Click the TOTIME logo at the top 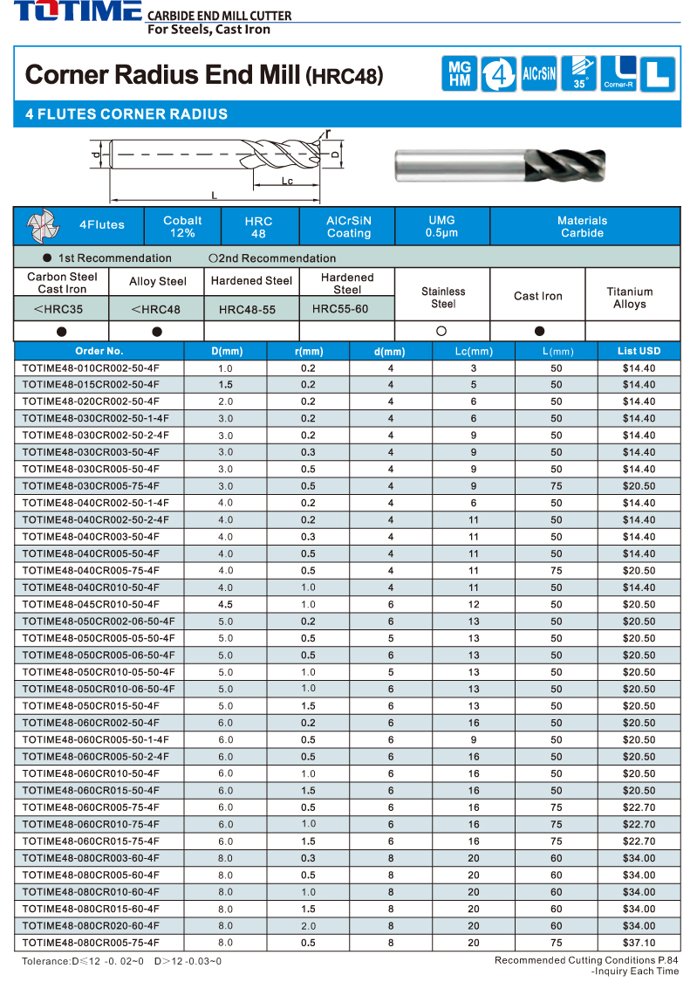point(77,12)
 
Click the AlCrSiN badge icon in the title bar point(538,73)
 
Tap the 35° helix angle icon point(578,73)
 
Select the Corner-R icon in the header point(618,73)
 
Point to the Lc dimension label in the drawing point(287,181)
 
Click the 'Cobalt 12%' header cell point(182,226)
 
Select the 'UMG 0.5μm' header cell point(441,226)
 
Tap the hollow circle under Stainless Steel point(441,331)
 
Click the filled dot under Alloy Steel point(157,331)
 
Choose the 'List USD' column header point(639,351)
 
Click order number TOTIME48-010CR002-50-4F point(91,368)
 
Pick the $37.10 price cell point(639,943)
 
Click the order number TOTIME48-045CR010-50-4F point(91,604)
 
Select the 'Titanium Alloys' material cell point(630,298)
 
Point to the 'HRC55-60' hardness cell point(346,309)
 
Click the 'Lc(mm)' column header point(474,351)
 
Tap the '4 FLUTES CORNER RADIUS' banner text point(126,114)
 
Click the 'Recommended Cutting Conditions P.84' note point(586,960)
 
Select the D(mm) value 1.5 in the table point(225,385)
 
